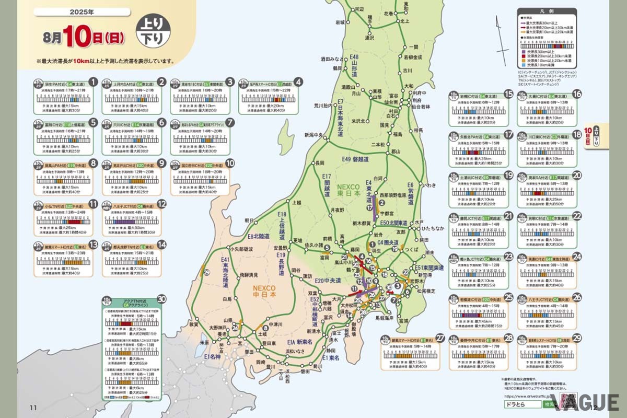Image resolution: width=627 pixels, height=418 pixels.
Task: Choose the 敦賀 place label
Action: [x=194, y=324]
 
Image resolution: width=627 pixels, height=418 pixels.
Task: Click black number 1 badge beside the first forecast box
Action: [x=93, y=82]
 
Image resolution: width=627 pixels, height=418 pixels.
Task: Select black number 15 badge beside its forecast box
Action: [x=508, y=94]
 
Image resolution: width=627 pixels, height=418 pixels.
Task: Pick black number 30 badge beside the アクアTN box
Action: [x=161, y=299]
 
